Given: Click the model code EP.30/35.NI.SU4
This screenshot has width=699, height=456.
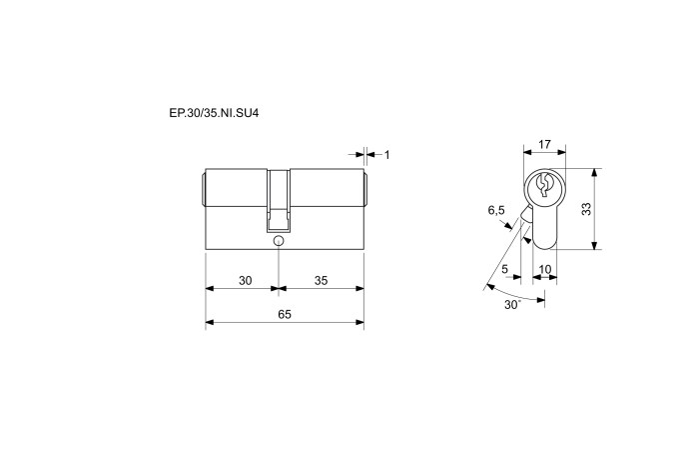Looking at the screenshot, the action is [x=214, y=113].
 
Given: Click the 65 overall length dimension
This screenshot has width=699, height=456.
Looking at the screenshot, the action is [x=285, y=314].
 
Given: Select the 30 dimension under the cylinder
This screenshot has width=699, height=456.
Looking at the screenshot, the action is [x=246, y=280].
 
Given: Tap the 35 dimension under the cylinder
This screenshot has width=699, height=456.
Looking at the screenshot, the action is [x=321, y=280].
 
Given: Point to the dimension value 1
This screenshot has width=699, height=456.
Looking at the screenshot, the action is [x=387, y=155].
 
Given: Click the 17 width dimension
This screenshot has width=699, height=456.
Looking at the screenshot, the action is [x=544, y=144].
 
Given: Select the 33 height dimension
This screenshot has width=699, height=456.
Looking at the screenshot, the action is [x=587, y=209].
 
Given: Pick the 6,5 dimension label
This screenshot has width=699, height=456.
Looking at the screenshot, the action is [x=496, y=209].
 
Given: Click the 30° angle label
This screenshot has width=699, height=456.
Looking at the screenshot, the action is [x=512, y=305].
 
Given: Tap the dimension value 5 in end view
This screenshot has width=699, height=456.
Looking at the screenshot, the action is [x=504, y=269].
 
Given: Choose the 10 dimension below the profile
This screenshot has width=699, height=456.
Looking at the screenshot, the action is [x=545, y=269].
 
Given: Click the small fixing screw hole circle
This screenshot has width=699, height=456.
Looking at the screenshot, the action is [x=279, y=241].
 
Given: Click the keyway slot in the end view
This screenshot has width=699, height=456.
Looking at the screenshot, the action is [x=544, y=184].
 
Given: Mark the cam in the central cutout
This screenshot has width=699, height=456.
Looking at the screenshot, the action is [x=279, y=221].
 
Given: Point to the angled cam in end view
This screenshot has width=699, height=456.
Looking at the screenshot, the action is [x=526, y=214].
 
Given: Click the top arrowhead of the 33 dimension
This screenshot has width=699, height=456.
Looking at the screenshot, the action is [x=594, y=173].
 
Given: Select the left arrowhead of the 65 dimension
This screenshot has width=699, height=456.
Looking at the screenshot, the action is [x=210, y=322].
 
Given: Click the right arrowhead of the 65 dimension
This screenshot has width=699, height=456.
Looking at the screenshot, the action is [x=359, y=322].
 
